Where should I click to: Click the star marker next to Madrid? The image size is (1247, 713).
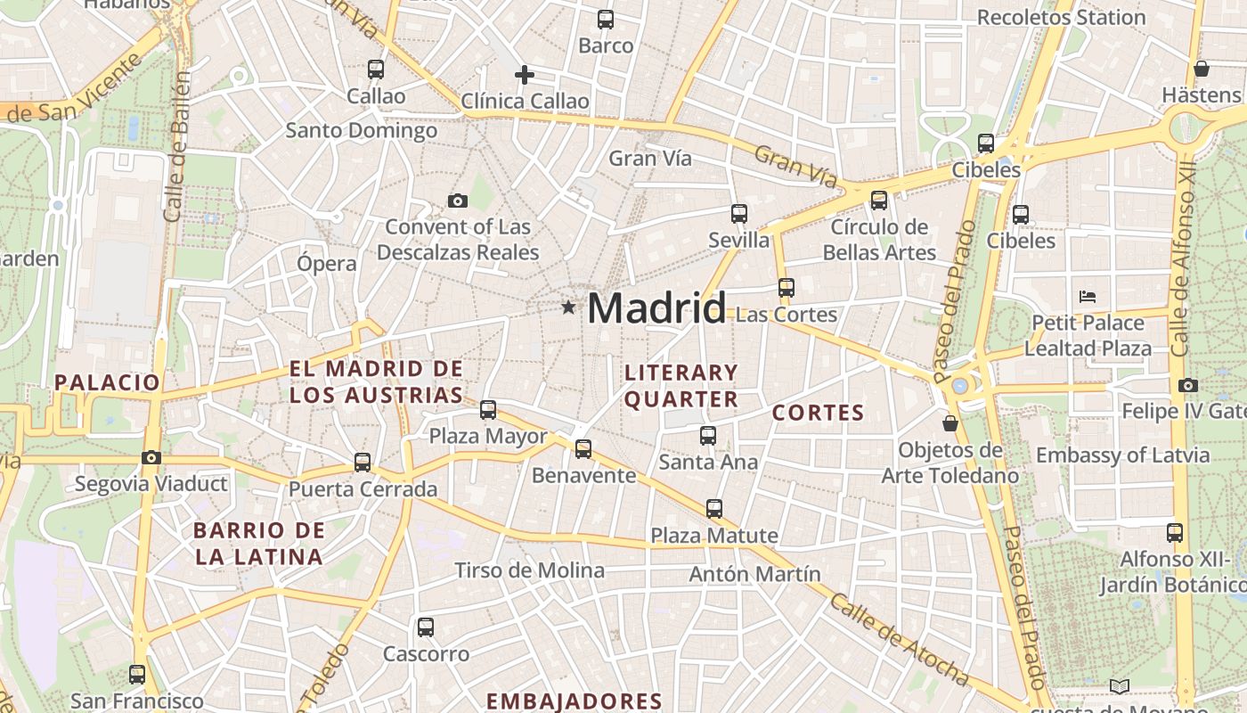(568, 307)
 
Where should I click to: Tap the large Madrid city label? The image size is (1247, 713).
(656, 308)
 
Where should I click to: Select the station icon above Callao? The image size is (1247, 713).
(376, 69)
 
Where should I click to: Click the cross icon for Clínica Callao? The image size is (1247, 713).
(525, 75)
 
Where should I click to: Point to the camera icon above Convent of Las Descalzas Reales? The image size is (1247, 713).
(458, 201)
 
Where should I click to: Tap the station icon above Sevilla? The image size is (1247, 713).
(738, 213)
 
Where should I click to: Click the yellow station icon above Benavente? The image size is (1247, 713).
(583, 448)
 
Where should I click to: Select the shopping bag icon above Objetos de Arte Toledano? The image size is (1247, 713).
(950, 422)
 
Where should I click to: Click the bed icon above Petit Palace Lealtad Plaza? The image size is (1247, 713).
(1087, 297)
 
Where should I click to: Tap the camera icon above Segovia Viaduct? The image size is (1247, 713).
(151, 457)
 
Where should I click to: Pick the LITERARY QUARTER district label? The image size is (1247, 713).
(681, 385)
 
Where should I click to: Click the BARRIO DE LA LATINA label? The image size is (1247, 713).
(258, 544)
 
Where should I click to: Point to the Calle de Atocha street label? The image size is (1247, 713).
(900, 639)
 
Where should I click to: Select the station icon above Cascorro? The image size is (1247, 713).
(426, 627)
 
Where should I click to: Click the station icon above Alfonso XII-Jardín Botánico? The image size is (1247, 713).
(1175, 533)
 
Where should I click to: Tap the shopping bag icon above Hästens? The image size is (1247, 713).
(1201, 69)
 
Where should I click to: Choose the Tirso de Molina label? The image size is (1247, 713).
(529, 570)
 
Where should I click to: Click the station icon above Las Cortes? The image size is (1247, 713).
(786, 287)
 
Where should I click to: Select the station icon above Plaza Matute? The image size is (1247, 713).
(714, 509)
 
